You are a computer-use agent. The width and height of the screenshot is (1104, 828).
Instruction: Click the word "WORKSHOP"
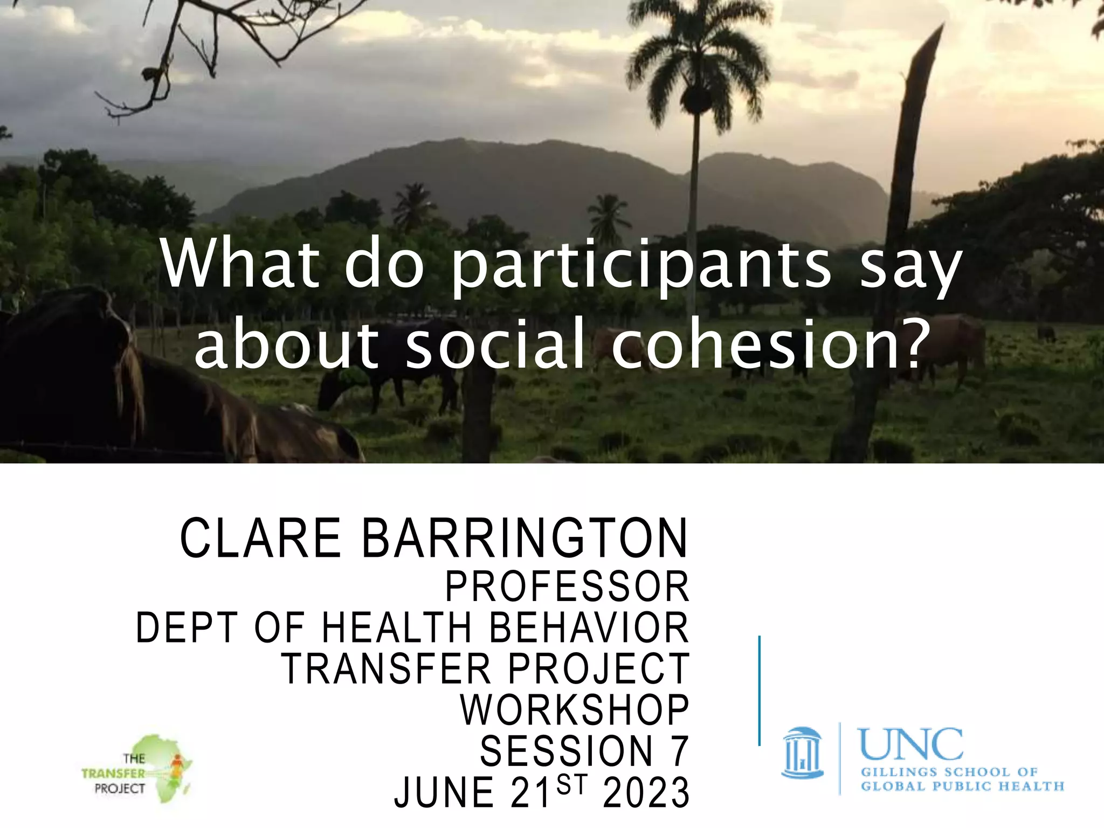[575, 710]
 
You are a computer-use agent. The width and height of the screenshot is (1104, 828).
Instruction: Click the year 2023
[646, 792]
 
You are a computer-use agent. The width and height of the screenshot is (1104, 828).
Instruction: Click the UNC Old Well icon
[802, 753]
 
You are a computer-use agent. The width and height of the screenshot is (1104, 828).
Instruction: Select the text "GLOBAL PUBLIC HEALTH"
[962, 786]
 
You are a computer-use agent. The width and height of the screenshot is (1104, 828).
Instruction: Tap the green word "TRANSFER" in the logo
[113, 773]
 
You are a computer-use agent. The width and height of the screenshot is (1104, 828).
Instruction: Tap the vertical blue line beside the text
[759, 691]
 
